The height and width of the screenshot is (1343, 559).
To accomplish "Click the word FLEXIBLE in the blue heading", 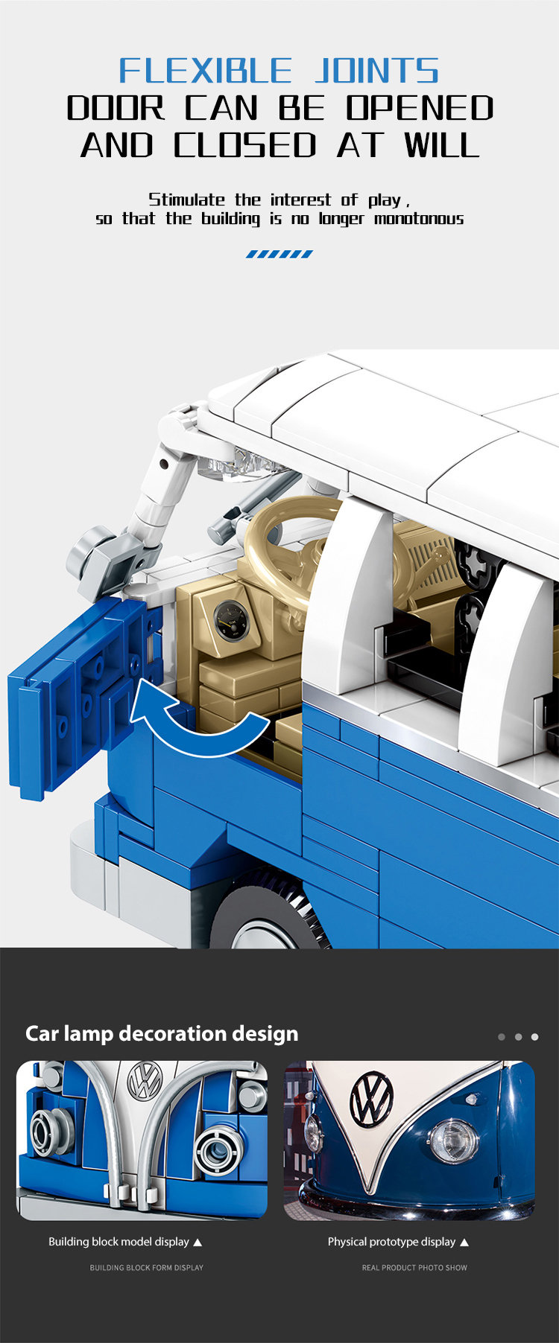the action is click(205, 71).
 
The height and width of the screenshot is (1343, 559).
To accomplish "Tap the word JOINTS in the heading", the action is click(376, 71).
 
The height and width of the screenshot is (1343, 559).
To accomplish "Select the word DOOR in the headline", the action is click(116, 108).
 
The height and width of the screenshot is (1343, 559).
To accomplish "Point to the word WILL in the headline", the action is click(442, 144).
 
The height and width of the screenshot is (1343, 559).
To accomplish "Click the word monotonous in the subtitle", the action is click(419, 219).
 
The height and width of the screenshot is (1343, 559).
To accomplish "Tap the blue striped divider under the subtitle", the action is click(279, 254).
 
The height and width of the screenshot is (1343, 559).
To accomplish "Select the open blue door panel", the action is click(82, 696).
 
